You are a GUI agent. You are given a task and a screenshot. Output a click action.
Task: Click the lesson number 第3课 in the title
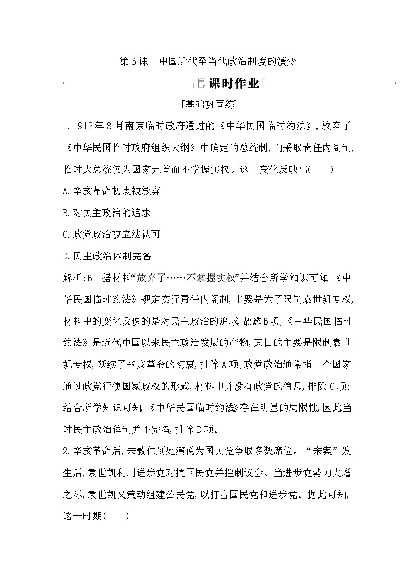(x=131, y=61)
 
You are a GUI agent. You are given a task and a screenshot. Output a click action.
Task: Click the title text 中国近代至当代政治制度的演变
(x=228, y=61)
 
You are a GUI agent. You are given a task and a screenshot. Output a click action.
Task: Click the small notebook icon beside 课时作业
(x=201, y=83)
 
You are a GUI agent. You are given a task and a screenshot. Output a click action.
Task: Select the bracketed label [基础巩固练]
(x=207, y=105)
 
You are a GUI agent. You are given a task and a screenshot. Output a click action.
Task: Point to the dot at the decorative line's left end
(x=63, y=82)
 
